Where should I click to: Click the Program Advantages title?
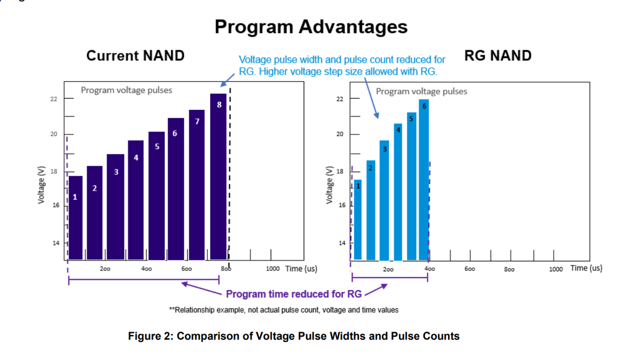(x=311, y=27)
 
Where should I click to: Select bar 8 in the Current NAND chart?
(x=218, y=176)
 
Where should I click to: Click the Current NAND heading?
(x=135, y=55)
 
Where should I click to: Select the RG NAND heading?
(x=498, y=55)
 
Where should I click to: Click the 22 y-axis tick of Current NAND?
(x=54, y=99)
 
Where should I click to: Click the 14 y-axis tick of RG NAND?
(x=341, y=243)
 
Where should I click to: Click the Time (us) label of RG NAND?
(x=586, y=268)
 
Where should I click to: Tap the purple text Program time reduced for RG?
(x=294, y=294)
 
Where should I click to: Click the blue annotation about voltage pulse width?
(x=341, y=66)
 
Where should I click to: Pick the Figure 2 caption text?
(x=294, y=336)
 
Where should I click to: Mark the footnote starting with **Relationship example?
(x=283, y=310)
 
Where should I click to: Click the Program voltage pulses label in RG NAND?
(x=421, y=91)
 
